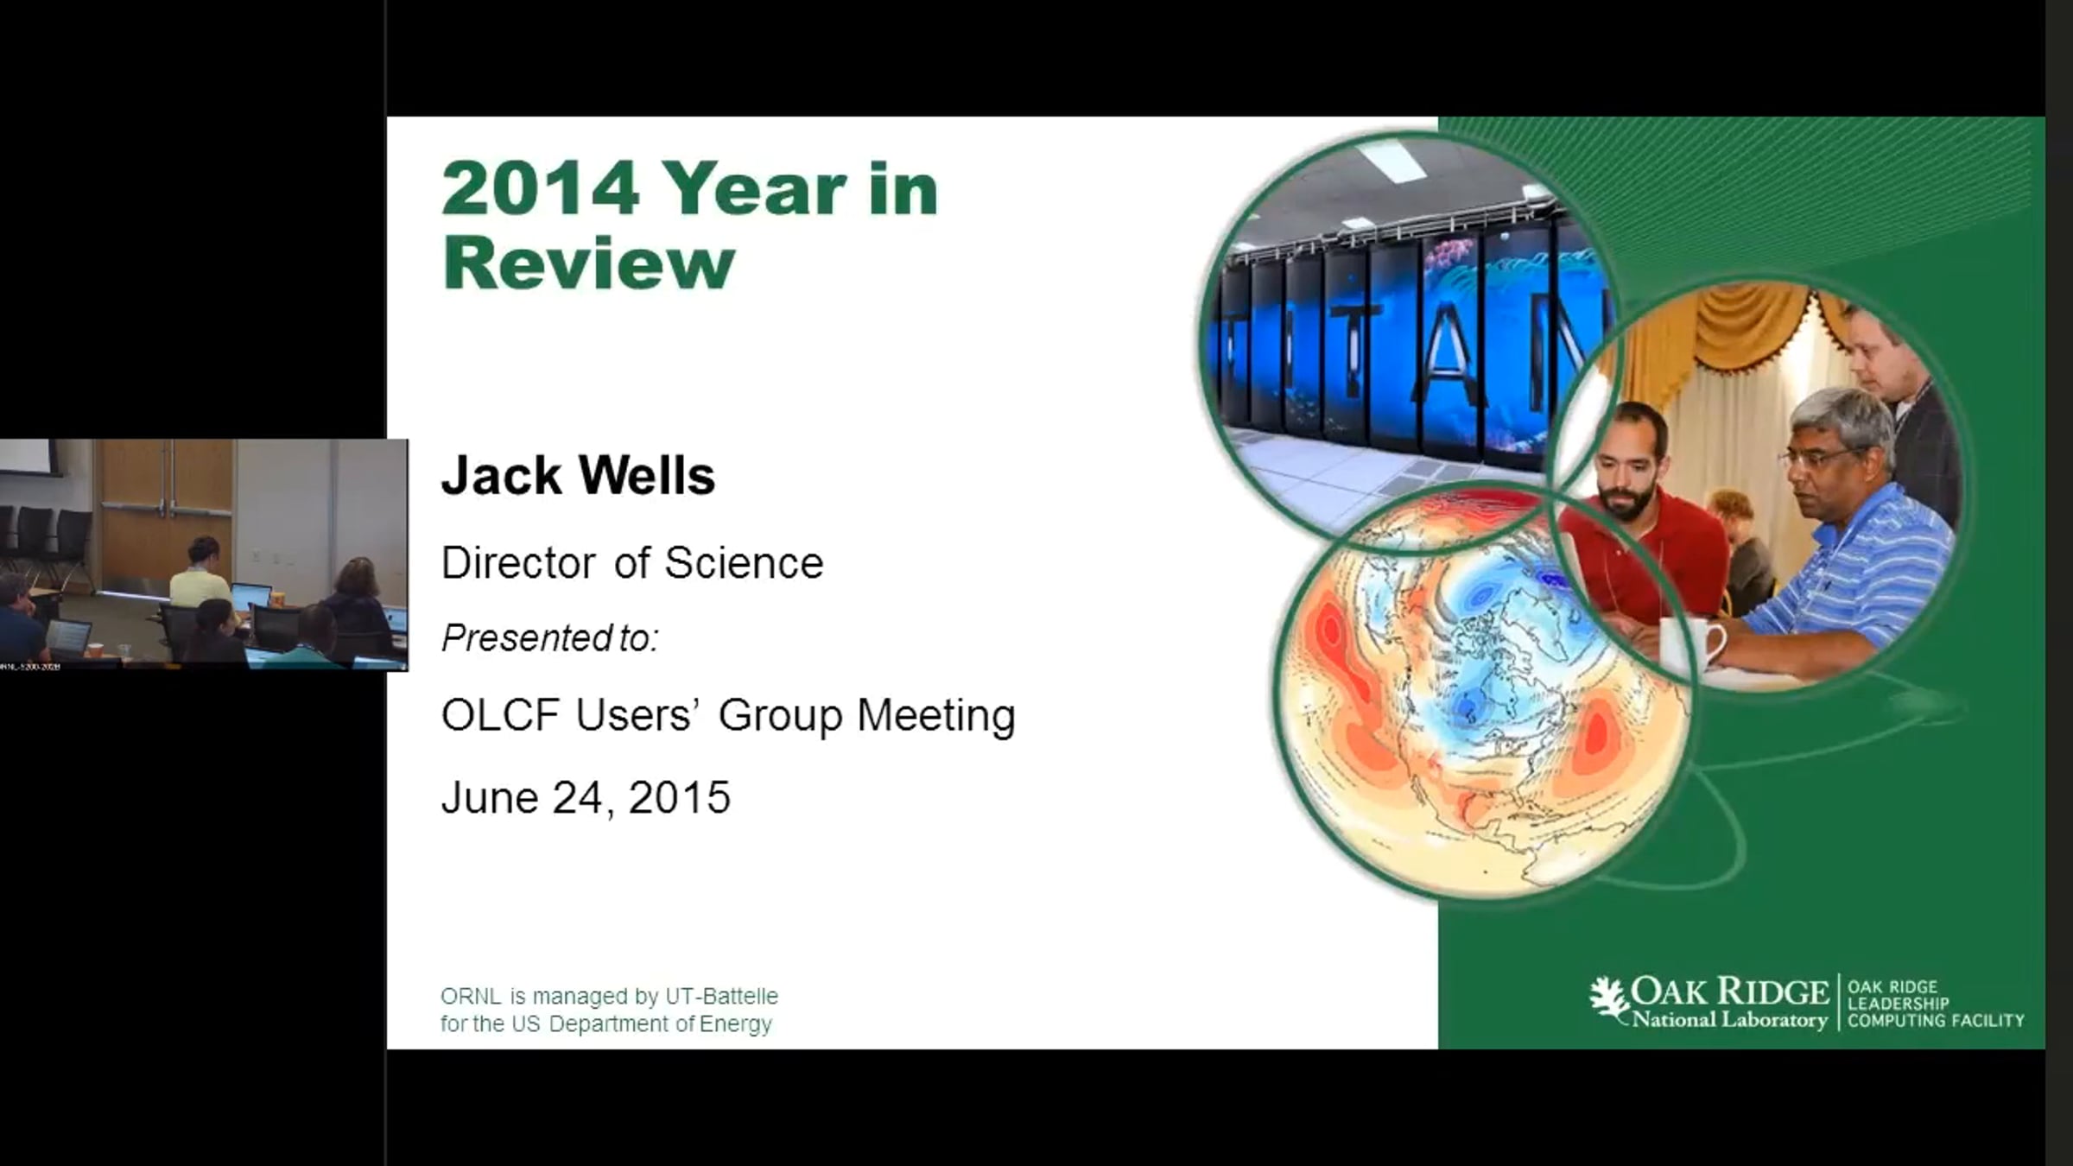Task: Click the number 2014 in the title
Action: (x=541, y=188)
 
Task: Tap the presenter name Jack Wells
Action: (x=578, y=475)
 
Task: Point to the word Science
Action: (x=744, y=563)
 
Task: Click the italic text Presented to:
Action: (x=550, y=638)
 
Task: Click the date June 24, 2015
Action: (x=586, y=797)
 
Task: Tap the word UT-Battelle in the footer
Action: (x=721, y=996)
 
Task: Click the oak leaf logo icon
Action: (x=1609, y=1002)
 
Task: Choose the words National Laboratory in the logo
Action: (x=1729, y=1020)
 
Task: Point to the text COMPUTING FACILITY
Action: (x=1936, y=1021)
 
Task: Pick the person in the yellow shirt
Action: (x=200, y=576)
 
